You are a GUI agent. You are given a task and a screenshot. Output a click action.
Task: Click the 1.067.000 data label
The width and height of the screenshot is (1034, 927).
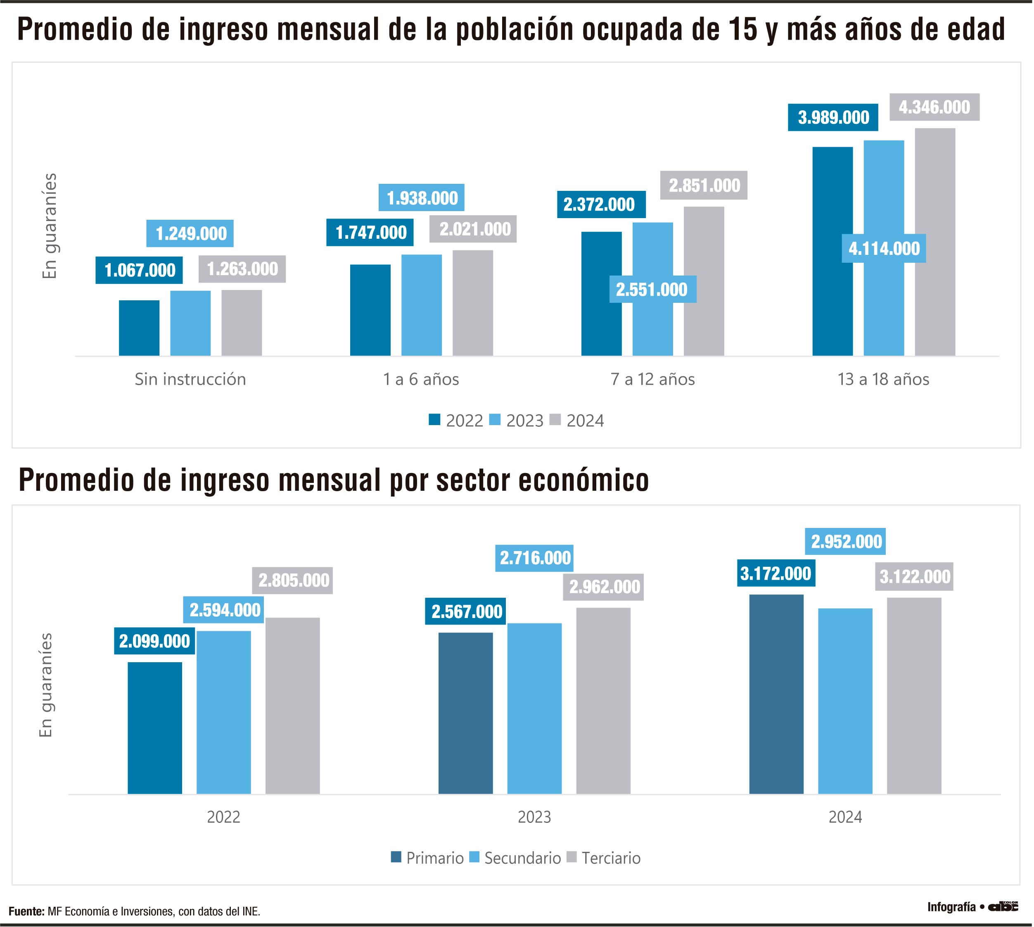pos(139,270)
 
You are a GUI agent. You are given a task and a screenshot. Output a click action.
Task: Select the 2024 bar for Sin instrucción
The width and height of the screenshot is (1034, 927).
pos(241,323)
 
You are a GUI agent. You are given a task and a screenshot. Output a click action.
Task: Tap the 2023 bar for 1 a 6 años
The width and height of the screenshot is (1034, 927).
pos(421,305)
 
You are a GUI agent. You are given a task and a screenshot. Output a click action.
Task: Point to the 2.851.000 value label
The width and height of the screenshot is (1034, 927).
pos(704,185)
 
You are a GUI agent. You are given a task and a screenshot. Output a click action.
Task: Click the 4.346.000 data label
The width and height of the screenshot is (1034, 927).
pos(934,107)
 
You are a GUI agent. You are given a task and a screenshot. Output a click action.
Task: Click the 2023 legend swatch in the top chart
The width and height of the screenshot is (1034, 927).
pos(494,420)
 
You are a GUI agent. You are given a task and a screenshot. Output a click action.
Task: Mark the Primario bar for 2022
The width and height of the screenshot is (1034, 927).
pos(155,728)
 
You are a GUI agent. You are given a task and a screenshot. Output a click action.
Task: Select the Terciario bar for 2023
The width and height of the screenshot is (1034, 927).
pos(603,701)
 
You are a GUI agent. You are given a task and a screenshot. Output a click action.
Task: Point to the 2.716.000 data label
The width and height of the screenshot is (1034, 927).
pos(535,558)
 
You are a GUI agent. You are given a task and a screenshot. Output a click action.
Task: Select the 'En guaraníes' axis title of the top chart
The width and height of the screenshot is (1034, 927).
pos(50,226)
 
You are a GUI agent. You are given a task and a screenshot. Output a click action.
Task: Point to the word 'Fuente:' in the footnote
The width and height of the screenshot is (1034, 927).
pos(26,911)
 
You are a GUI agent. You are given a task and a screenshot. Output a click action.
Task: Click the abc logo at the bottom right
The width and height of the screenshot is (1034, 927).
pos(1003,907)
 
